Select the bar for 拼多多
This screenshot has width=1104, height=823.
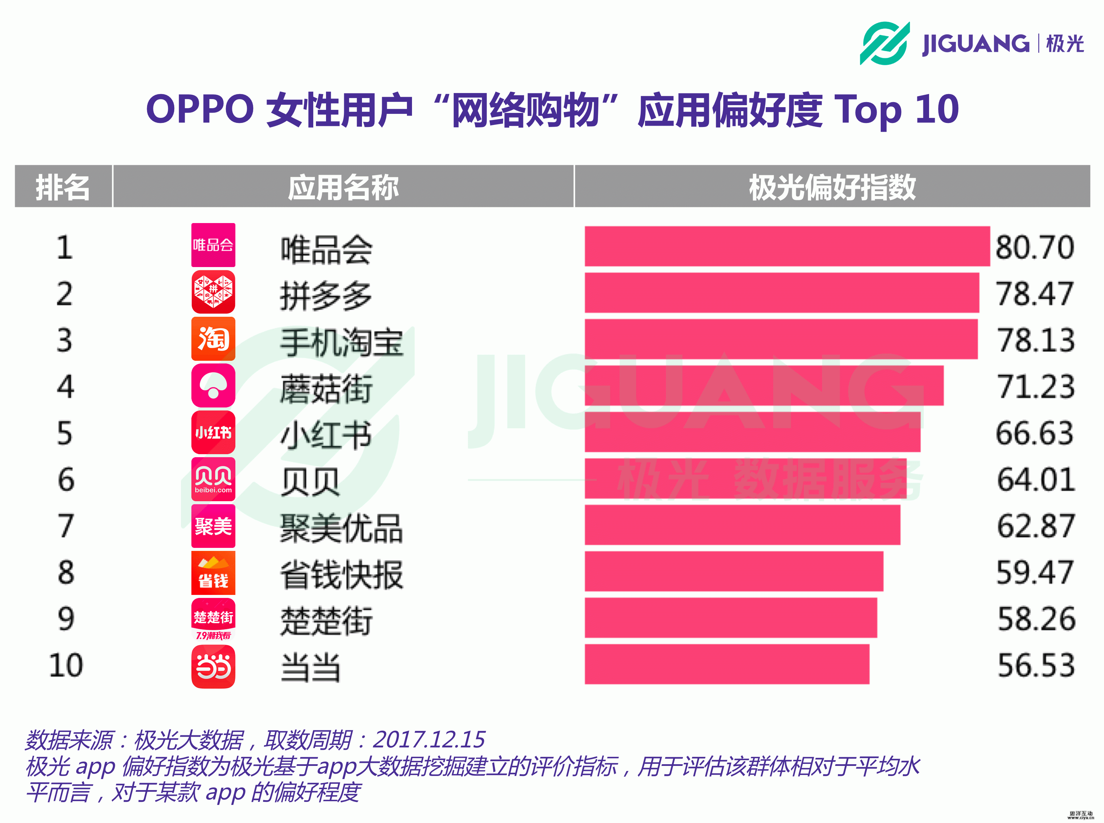pyautogui.click(x=781, y=293)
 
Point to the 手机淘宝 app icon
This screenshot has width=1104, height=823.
pyautogui.click(x=213, y=339)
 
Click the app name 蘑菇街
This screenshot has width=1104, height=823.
pyautogui.click(x=326, y=389)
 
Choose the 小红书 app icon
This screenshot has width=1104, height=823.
pyautogui.click(x=213, y=432)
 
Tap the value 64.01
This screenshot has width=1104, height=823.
pyautogui.click(x=1035, y=479)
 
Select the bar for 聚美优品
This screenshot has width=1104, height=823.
pyautogui.click(x=742, y=525)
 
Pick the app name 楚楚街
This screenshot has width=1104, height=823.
pyautogui.click(x=326, y=621)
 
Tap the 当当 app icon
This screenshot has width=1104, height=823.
pyautogui.click(x=213, y=666)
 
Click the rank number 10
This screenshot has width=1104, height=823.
pyautogui.click(x=66, y=665)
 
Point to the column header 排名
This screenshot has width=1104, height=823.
pyautogui.click(x=63, y=187)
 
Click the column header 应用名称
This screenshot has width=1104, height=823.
pyautogui.click(x=343, y=187)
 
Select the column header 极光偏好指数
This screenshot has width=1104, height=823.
pyautogui.click(x=832, y=187)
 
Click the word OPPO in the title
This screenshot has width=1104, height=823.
pyautogui.click(x=200, y=109)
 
